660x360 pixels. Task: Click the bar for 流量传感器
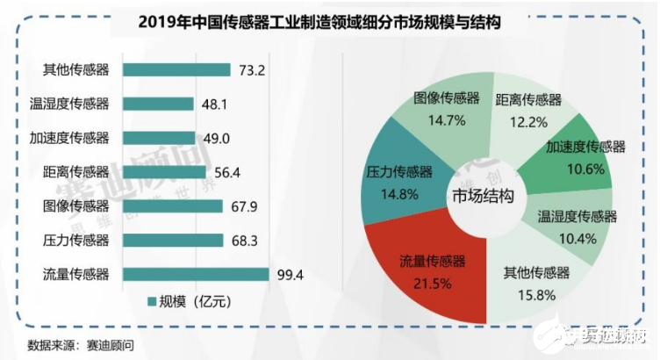pyautogui.click(x=196, y=274)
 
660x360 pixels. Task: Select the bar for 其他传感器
pyautogui.click(x=176, y=69)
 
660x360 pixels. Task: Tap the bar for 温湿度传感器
pyautogui.click(x=159, y=104)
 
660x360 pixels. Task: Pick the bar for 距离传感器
pyautogui.click(x=165, y=172)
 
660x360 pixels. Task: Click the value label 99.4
pyautogui.click(x=290, y=275)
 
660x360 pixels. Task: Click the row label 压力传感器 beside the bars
pyautogui.click(x=75, y=240)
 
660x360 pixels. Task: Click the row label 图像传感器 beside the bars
pyautogui.click(x=75, y=206)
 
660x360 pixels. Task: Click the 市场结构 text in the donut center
pyautogui.click(x=484, y=194)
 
